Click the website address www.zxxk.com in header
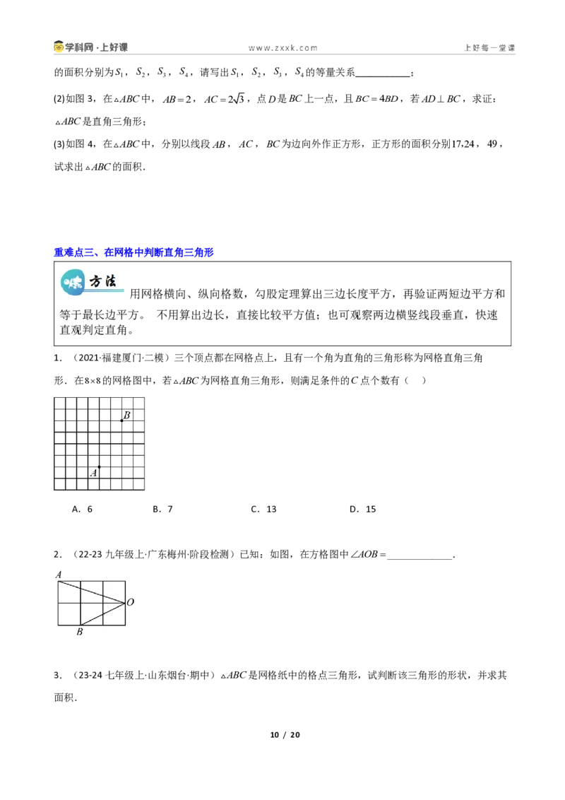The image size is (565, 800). tap(283, 48)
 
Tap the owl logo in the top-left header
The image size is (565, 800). tap(59, 47)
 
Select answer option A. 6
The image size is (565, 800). tap(82, 509)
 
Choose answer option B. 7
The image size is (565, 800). tap(162, 509)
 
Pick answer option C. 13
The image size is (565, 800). tap(263, 509)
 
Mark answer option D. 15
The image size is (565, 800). tap(362, 509)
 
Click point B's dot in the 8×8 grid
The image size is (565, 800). tap(121, 420)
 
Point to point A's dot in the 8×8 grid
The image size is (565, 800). tap(99, 467)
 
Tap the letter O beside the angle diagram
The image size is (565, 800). tap(130, 602)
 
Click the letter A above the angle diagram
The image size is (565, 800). tap(59, 575)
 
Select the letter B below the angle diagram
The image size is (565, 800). tap(80, 632)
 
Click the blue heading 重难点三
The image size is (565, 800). tap(133, 252)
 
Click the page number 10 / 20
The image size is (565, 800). tap(285, 735)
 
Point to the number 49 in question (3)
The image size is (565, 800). tap(492, 144)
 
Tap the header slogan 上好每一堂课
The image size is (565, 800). tap(489, 48)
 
